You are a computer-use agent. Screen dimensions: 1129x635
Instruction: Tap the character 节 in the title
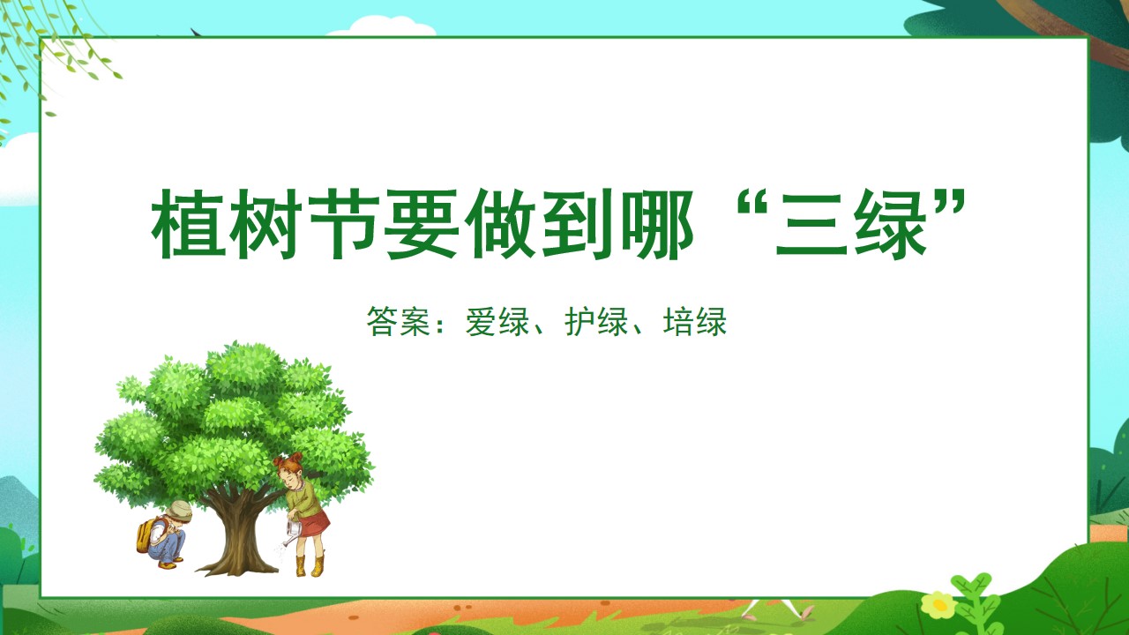pyautogui.click(x=344, y=224)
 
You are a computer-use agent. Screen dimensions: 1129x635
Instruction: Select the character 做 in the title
pyautogui.click(x=499, y=224)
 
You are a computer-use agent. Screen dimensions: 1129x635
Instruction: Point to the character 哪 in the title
pyautogui.click(x=655, y=224)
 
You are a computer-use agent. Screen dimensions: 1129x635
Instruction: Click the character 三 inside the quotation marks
pyautogui.click(x=811, y=225)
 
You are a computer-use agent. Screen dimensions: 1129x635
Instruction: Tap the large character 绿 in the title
pyautogui.click(x=890, y=224)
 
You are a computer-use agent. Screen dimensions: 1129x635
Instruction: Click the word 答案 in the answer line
pyautogui.click(x=398, y=321)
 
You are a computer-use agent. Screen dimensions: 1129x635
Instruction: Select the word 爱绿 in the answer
pyautogui.click(x=497, y=321)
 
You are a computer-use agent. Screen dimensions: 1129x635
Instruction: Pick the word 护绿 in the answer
pyautogui.click(x=596, y=321)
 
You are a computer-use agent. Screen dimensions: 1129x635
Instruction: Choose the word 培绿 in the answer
pyautogui.click(x=695, y=321)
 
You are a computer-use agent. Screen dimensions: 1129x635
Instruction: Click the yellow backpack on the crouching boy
pyautogui.click(x=146, y=535)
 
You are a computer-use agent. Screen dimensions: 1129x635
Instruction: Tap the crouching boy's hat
pyautogui.click(x=178, y=511)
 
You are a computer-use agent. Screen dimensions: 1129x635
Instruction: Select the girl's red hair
pyautogui.click(x=290, y=462)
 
